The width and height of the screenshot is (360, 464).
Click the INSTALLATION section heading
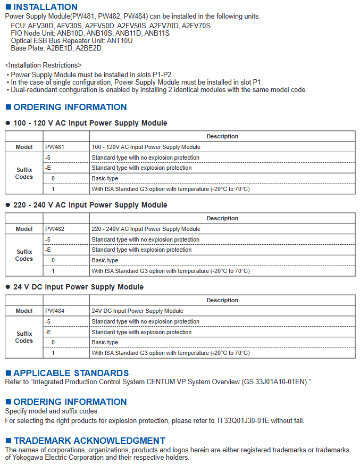(x=45, y=7)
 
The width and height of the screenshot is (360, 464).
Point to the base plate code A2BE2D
(x=88, y=48)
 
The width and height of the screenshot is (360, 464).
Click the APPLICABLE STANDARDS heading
(x=71, y=373)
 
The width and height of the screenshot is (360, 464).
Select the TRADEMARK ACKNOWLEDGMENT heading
(x=89, y=441)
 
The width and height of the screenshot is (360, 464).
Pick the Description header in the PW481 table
(x=222, y=136)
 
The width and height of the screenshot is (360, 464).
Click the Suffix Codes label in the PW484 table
(x=24, y=337)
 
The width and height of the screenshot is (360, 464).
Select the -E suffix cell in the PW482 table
(x=48, y=250)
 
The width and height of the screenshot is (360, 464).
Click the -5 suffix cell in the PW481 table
(x=48, y=158)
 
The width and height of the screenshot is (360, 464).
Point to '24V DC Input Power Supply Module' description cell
(x=137, y=311)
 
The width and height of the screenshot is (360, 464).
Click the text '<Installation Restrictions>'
(x=43, y=65)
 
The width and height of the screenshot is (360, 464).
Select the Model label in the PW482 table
(x=24, y=229)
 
